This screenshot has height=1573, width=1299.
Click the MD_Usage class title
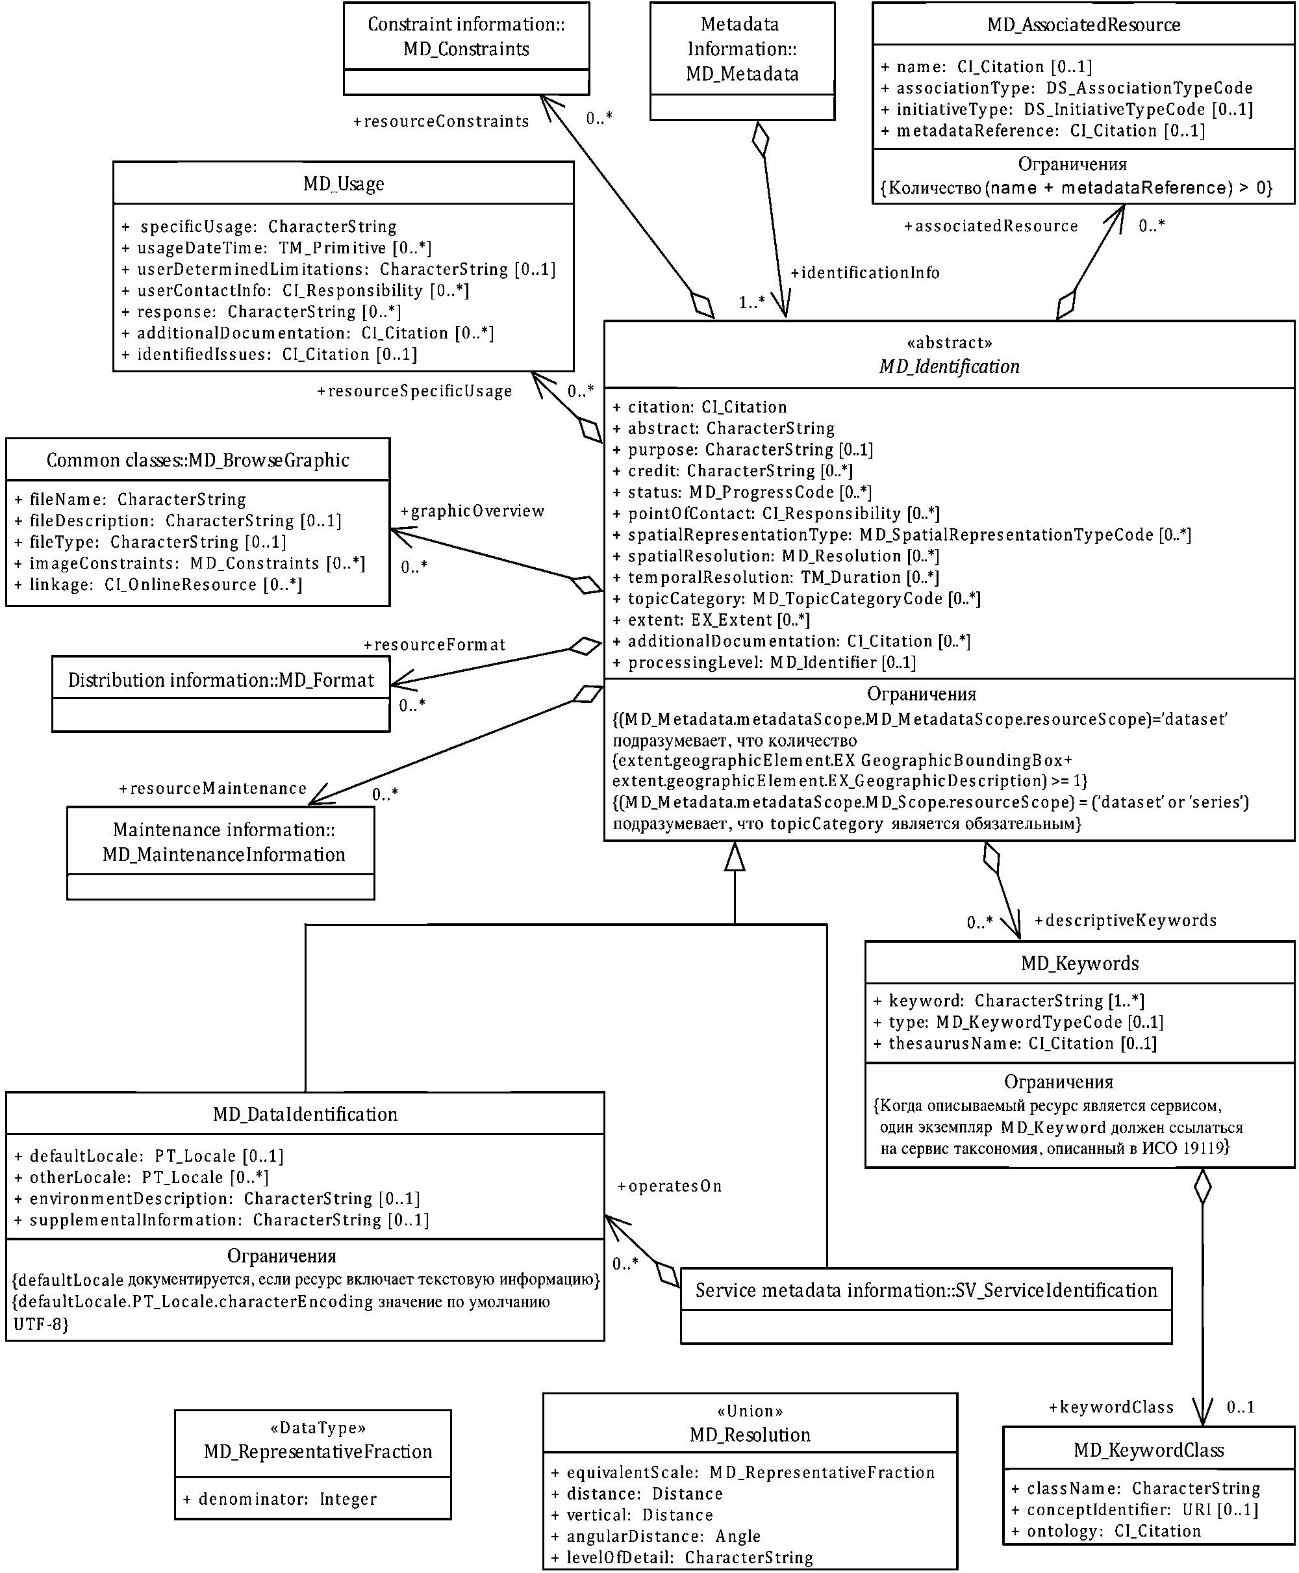click(x=344, y=183)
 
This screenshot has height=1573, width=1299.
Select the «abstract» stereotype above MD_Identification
click(x=949, y=343)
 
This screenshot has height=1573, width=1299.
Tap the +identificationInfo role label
click(x=865, y=273)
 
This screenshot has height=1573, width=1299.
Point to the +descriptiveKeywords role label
click(x=1126, y=921)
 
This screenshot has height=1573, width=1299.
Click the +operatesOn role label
click(x=670, y=1186)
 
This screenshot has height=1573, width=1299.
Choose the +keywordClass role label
click(x=1111, y=1407)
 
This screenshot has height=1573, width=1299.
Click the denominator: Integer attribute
click(x=287, y=1499)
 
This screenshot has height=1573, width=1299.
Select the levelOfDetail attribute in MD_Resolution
click(x=683, y=1557)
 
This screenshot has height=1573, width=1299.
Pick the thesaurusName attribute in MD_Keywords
click(x=1015, y=1043)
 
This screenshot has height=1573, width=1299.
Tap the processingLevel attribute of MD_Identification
click(x=764, y=662)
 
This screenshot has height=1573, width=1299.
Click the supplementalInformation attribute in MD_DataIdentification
click(x=222, y=1220)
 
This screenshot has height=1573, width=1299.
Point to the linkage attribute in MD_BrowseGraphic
click(x=158, y=585)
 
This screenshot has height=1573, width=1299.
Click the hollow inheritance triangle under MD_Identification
click(x=735, y=857)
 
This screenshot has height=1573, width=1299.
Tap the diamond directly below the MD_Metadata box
click(x=761, y=139)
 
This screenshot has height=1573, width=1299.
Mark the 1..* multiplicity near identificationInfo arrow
click(x=751, y=302)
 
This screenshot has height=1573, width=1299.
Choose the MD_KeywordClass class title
click(x=1148, y=1450)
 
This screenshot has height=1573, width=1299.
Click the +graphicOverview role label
click(x=472, y=511)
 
